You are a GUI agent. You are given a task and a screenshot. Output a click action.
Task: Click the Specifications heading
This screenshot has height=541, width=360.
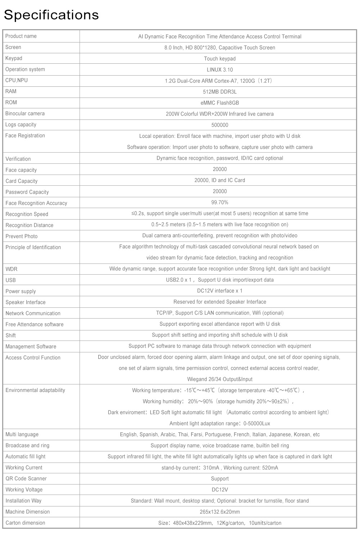point(51,15)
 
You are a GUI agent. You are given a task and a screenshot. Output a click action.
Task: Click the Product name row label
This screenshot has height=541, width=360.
point(21,36)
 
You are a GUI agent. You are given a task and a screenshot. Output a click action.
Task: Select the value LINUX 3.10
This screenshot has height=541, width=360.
point(220,70)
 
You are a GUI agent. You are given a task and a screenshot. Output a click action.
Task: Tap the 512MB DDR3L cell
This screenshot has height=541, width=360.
point(220,92)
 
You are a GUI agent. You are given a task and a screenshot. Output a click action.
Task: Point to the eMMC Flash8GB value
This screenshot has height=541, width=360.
point(220,103)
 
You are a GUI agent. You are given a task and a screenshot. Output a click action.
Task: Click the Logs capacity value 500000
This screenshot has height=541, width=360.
point(220,125)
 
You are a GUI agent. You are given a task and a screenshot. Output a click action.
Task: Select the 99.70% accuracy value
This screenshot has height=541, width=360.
point(220,202)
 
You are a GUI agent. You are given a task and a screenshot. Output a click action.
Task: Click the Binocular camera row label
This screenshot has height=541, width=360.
point(25,113)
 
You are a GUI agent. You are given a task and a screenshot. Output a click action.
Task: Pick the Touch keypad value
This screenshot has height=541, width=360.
point(220,59)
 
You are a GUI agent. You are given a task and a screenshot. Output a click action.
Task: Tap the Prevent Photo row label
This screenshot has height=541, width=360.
point(22,236)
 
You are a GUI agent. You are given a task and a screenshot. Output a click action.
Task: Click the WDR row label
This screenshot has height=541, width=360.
point(12,269)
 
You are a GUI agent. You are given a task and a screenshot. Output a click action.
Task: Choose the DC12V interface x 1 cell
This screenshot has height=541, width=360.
point(220,291)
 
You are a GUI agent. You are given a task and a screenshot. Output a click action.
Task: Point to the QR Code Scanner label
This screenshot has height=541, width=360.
point(26,478)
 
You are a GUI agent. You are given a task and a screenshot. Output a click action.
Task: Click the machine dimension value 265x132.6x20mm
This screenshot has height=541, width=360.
point(220,512)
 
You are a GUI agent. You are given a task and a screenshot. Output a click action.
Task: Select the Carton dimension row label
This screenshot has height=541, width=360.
point(25,523)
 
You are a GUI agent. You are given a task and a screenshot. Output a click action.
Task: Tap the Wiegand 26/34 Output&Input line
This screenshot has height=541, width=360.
point(220,379)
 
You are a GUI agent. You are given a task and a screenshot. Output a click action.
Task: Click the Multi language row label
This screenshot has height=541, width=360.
point(22,434)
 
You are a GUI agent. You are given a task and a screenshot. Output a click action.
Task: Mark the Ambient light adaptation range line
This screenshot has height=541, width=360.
point(220,423)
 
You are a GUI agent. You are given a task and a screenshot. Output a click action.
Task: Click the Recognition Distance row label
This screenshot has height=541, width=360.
point(30,225)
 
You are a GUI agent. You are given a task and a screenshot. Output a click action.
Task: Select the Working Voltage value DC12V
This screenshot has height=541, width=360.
point(220,490)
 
